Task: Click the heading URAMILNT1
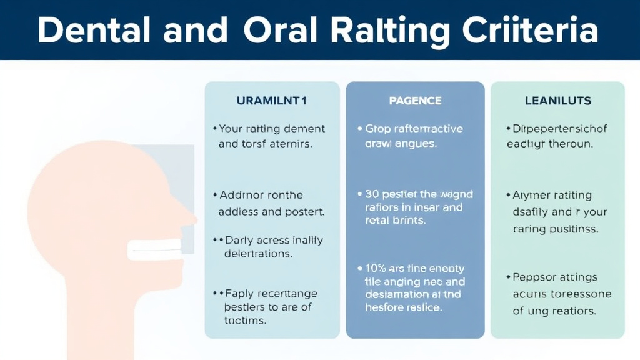[272, 101]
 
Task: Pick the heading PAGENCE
[415, 101]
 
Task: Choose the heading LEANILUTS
[558, 101]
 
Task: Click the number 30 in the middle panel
[372, 194]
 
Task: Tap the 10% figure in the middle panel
[376, 269]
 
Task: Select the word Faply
[240, 294]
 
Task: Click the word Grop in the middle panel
[377, 129]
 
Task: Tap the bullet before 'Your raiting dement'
[214, 129]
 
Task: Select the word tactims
[245, 321]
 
